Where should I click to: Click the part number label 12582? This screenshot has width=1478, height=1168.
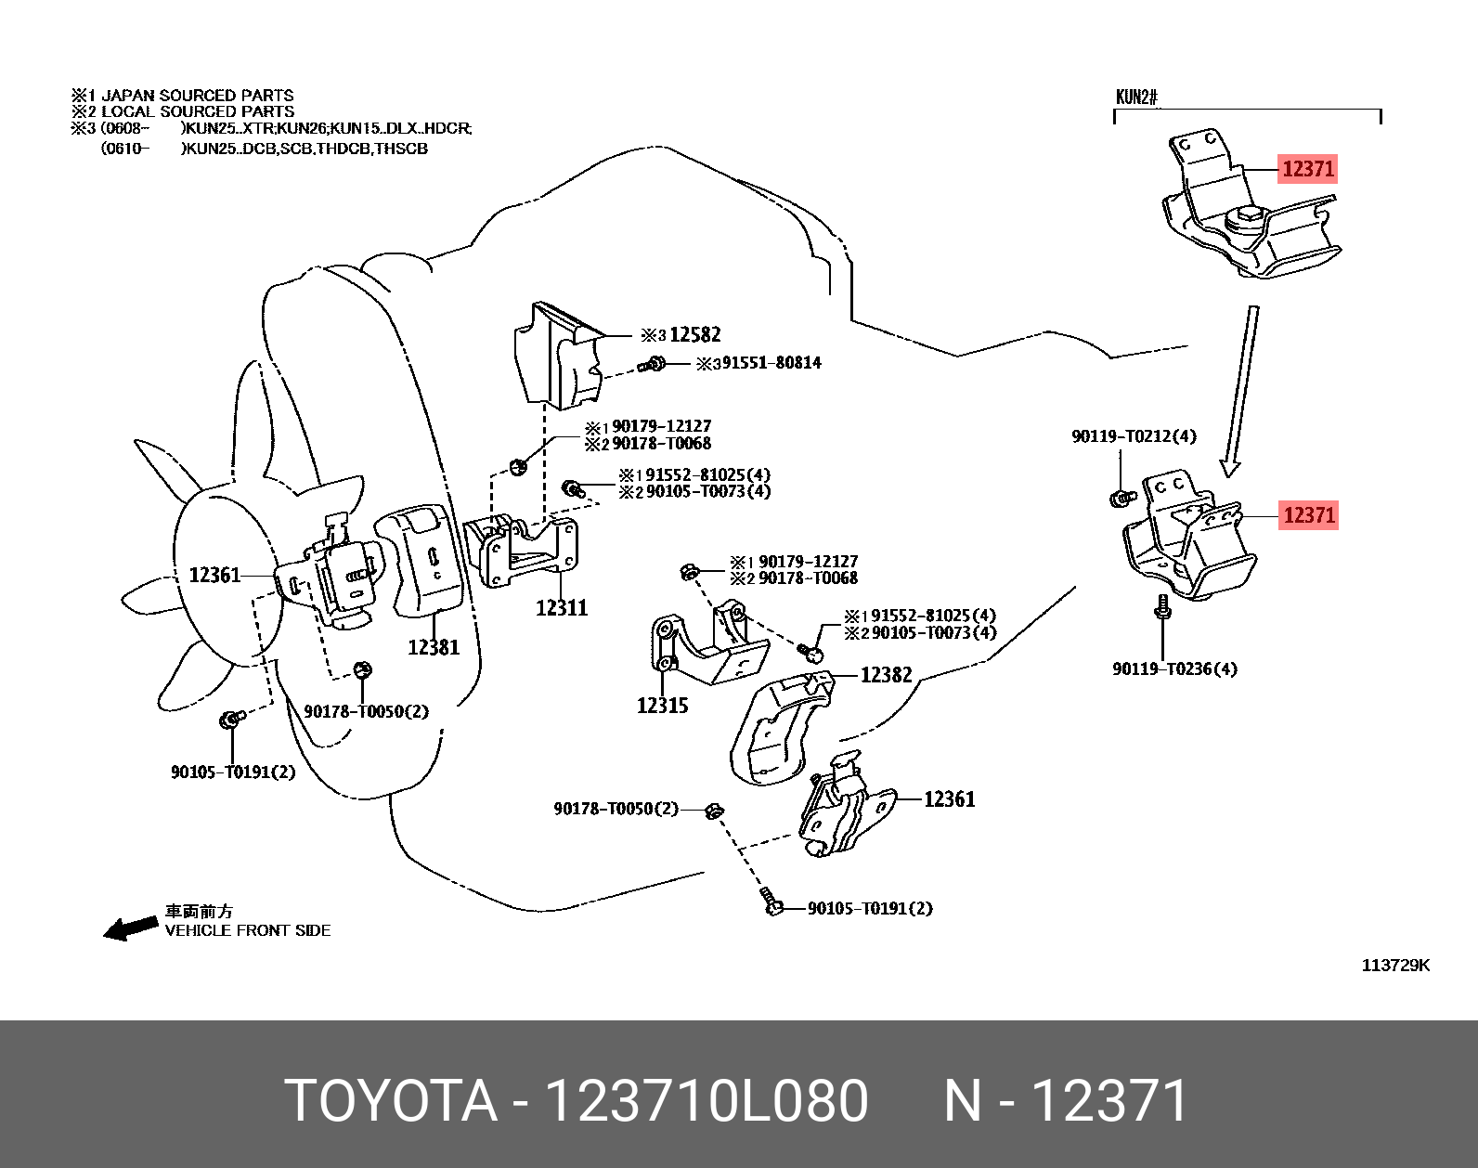[x=694, y=335]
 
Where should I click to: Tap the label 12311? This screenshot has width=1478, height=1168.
[x=562, y=608]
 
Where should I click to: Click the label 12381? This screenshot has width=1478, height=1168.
[x=434, y=647]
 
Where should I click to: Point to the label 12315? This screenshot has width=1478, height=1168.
[x=662, y=706]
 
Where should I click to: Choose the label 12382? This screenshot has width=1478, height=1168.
[x=886, y=675]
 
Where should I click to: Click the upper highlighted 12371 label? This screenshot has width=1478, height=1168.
[x=1307, y=169]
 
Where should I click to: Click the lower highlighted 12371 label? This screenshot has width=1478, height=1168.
[x=1308, y=514]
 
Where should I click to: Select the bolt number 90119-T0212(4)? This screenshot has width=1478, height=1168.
[x=1134, y=436]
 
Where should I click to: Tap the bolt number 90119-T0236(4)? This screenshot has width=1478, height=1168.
[x=1174, y=668]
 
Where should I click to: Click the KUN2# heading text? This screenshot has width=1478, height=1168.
[x=1136, y=97]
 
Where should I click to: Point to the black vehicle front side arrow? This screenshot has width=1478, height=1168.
[x=130, y=928]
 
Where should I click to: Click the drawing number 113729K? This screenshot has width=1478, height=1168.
[x=1395, y=966]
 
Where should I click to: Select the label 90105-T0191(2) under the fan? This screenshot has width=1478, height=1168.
[x=232, y=772]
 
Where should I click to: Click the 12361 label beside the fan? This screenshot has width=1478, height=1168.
[x=214, y=576]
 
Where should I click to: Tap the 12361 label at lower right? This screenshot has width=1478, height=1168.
[x=949, y=799]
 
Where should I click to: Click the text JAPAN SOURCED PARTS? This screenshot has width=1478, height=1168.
[x=197, y=96]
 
